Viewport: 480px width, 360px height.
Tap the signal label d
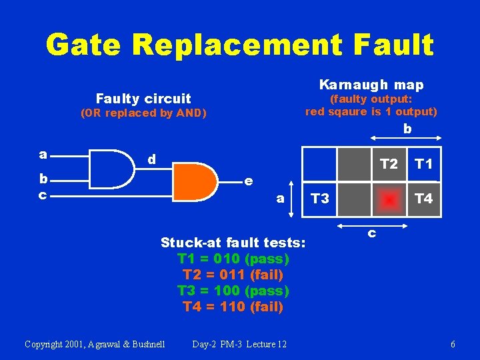tap(152, 160)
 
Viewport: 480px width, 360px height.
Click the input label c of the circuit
tap(43, 195)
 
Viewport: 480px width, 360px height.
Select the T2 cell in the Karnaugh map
tap(388, 164)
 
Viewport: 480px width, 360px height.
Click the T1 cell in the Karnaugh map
tap(423, 164)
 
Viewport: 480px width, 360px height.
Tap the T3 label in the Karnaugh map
tap(320, 199)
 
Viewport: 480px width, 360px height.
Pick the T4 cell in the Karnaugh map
tap(423, 199)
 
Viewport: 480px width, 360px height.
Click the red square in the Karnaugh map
tap(389, 199)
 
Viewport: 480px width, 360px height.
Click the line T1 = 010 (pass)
tap(233, 258)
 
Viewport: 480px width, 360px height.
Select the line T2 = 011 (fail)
tap(233, 275)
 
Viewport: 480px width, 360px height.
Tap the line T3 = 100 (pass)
tap(233, 291)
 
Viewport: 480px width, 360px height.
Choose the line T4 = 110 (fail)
tap(233, 307)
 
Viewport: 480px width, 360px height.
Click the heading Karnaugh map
tap(371, 85)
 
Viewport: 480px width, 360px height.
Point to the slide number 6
tap(453, 344)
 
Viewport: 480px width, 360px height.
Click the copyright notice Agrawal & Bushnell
tap(95, 344)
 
